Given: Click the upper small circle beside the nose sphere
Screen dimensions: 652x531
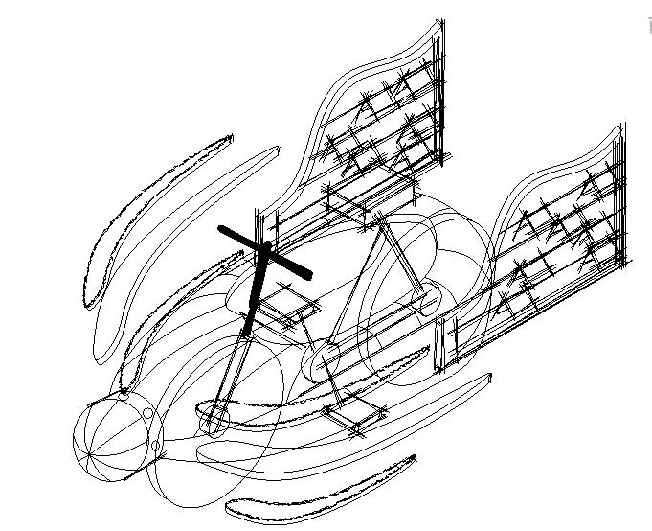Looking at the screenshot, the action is point(148,413).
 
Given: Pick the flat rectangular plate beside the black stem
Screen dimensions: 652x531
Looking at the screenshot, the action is point(292,309).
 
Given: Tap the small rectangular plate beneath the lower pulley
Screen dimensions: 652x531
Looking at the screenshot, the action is point(351,418).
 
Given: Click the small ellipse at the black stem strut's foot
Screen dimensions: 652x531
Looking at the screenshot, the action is point(215,417).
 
